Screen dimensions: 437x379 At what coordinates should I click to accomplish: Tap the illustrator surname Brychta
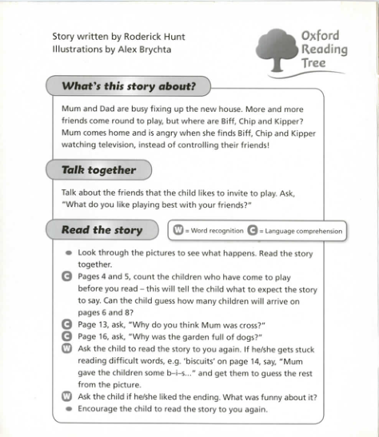[152, 50]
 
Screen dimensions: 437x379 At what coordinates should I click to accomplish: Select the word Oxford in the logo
[321, 36]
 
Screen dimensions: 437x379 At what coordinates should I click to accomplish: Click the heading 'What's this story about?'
[129, 85]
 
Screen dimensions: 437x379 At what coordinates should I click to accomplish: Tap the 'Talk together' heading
[98, 169]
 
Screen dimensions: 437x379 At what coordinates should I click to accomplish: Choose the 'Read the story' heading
[102, 230]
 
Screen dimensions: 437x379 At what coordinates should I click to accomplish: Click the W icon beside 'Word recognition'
[179, 231]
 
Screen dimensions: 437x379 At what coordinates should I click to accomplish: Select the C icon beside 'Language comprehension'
[253, 231]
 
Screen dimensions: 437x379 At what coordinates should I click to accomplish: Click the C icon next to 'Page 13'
[66, 324]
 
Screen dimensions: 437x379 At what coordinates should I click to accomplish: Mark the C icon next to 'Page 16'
[66, 336]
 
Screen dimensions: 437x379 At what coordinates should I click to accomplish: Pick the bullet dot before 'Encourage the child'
[68, 409]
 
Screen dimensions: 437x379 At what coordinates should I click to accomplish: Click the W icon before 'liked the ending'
[66, 397]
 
